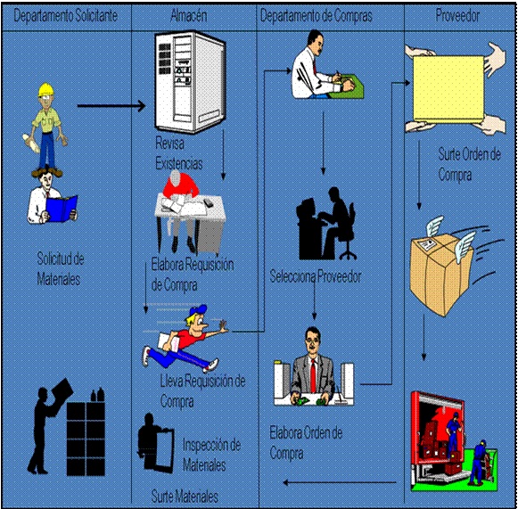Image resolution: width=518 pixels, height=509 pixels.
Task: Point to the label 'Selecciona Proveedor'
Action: point(316,276)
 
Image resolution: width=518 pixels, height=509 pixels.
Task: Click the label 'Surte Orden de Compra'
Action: point(467,165)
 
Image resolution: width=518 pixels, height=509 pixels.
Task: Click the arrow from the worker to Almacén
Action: point(111,108)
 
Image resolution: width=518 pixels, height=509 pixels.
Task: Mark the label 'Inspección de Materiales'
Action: point(211,455)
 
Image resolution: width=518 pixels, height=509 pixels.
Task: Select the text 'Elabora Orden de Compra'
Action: point(306,443)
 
